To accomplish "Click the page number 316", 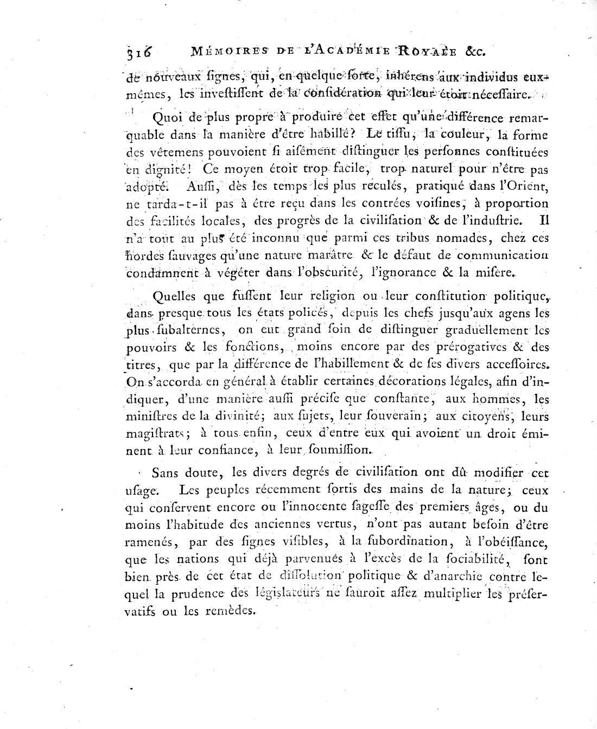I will (x=139, y=53).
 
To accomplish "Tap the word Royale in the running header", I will (x=424, y=52).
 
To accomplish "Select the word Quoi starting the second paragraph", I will (x=169, y=118).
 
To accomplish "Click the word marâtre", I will (x=330, y=255).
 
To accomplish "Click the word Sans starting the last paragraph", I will (x=166, y=472).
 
